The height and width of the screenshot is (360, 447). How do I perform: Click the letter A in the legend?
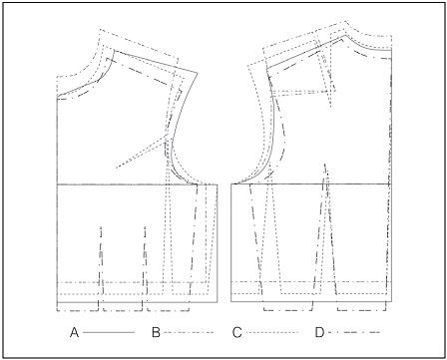(74, 329)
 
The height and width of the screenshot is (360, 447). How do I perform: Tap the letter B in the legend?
(155, 329)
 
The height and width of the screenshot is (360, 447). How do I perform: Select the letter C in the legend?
(236, 329)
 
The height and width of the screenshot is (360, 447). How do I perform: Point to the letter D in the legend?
(318, 329)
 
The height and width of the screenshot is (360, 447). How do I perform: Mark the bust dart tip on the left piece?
(116, 166)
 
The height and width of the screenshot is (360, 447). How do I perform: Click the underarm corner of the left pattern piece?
(218, 183)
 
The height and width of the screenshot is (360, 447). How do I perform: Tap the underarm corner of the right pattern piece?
(231, 183)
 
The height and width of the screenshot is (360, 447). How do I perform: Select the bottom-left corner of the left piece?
(59, 301)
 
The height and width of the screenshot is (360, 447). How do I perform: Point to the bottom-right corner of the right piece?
(389, 301)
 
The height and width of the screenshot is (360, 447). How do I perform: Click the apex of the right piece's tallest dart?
(324, 170)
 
